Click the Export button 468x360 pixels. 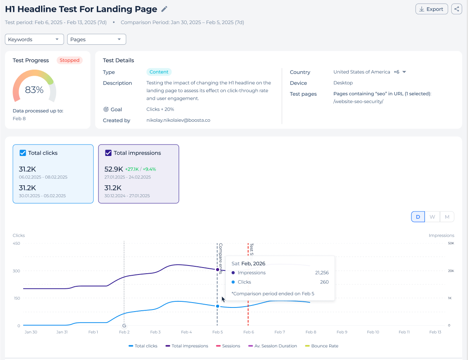[x=432, y=9]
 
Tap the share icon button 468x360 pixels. [x=457, y=9]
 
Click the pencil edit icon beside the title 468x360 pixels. [x=164, y=9]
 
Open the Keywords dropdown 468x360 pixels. [x=34, y=40]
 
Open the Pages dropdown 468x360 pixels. [x=96, y=40]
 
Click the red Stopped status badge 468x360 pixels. [x=70, y=60]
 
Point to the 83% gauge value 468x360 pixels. [x=34, y=90]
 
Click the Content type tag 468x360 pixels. [x=159, y=72]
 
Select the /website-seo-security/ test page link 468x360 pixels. [x=358, y=101]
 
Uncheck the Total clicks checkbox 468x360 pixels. [x=23, y=153]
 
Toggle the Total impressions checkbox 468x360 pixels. [x=108, y=153]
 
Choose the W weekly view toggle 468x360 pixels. [x=432, y=217]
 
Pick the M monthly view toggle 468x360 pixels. [x=447, y=217]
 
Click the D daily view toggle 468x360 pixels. [x=418, y=217]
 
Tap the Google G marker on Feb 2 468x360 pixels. [x=124, y=326]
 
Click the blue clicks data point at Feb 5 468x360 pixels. [x=218, y=306]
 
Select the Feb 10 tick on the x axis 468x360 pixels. [x=373, y=332]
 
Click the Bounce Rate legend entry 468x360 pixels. [x=322, y=346]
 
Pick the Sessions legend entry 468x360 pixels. [x=228, y=346]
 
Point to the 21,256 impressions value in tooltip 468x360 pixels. [x=322, y=273]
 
